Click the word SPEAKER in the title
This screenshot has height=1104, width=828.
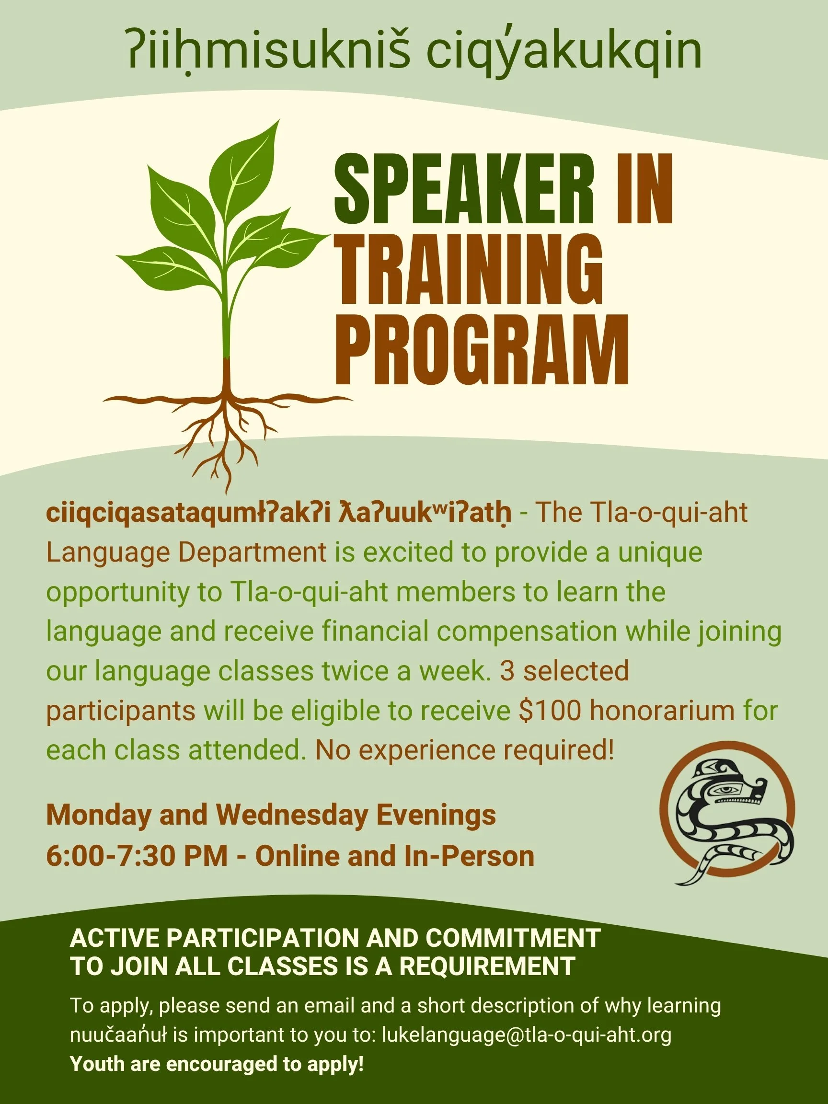[x=465, y=190]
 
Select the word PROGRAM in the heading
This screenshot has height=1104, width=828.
[x=482, y=349]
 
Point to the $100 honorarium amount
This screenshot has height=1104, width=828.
[x=550, y=711]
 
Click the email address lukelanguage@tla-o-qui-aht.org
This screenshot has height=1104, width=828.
[x=527, y=1035]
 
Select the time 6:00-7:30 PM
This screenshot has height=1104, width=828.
[x=137, y=856]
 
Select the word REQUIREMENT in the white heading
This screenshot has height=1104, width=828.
[x=487, y=966]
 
